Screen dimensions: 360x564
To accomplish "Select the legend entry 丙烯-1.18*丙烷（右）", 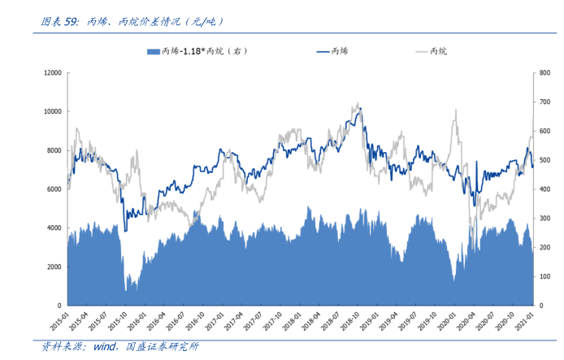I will click(196, 51).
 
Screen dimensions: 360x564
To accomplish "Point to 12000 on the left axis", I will click(52, 72).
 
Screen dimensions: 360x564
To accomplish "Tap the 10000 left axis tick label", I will click(52, 111).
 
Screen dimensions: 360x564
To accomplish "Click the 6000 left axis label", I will click(54, 189).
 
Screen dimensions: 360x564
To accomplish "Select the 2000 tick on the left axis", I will click(54, 267).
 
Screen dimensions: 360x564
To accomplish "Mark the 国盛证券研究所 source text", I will click(163, 348).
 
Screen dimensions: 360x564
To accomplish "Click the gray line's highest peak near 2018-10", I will click(358, 103).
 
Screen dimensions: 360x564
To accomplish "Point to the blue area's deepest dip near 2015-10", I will click(126, 290).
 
